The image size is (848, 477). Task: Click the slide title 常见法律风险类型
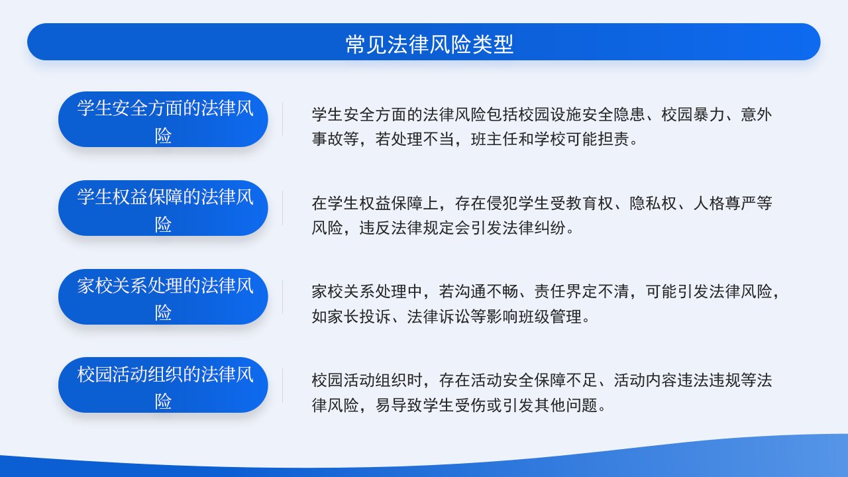pos(429,44)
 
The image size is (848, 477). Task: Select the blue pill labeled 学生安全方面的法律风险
pos(163,119)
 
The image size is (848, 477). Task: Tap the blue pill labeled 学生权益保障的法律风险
pos(163,208)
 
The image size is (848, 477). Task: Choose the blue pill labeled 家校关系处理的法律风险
pos(163,296)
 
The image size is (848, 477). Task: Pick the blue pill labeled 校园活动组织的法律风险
pos(163,385)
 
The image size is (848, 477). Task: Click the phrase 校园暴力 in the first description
pos(693,115)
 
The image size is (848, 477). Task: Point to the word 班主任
pos(494,139)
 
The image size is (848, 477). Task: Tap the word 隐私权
pos(653,203)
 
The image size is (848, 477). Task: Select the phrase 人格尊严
pos(725,203)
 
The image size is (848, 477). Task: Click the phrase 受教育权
pos(582,203)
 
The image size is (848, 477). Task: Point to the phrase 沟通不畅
pos(486,292)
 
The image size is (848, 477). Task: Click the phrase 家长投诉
pos(359,317)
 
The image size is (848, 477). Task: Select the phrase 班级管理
pos(550,317)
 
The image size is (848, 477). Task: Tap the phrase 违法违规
pos(709,380)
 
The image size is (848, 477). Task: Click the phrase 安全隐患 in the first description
pos(613,115)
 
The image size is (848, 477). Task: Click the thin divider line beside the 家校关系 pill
pos(282,296)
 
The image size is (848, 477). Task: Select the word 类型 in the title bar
pos(493,44)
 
